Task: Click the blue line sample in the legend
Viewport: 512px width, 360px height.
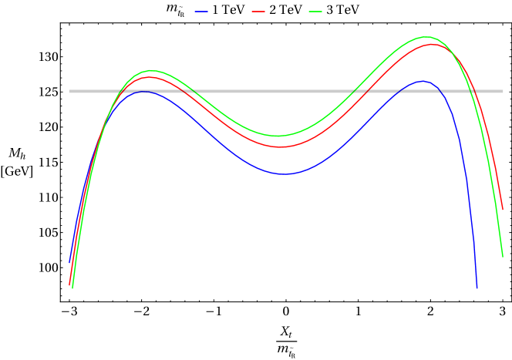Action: click(x=201, y=12)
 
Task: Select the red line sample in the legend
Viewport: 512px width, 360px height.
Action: click(x=258, y=12)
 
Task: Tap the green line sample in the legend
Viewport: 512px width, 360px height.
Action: click(x=315, y=12)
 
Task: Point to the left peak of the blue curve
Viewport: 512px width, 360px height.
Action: click(x=143, y=91)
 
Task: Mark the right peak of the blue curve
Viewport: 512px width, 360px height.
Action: click(x=422, y=81)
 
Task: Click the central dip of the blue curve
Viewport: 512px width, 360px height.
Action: click(x=285, y=174)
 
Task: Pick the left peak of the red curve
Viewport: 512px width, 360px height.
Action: click(x=148, y=77)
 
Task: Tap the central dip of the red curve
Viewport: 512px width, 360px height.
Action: click(x=281, y=146)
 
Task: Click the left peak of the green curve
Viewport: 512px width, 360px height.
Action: click(x=151, y=70)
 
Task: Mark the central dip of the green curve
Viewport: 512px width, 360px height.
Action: click(x=278, y=136)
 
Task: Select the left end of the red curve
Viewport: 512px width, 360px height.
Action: click(x=69, y=284)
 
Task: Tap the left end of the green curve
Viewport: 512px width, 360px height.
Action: click(x=72, y=288)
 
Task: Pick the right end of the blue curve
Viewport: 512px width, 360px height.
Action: click(x=477, y=288)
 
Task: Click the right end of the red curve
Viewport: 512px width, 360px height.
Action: click(x=503, y=210)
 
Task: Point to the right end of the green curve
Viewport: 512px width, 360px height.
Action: click(x=503, y=256)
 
